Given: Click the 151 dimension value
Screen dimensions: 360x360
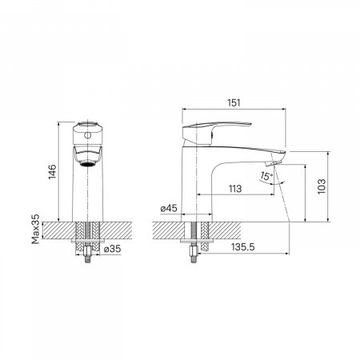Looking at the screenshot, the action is coord(234,103).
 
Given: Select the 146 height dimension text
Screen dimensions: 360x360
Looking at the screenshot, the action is coord(52,171).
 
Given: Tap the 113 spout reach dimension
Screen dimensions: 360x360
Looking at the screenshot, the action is coord(235,189).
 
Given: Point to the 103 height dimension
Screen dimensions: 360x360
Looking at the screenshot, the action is coord(322,186).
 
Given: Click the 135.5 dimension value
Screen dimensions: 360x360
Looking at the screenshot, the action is coord(242,247).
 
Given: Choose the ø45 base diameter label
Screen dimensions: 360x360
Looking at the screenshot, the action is coord(169,208).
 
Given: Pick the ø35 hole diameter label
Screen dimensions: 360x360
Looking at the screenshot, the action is coord(112,249).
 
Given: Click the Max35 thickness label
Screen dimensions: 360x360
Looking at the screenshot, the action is coord(35,229).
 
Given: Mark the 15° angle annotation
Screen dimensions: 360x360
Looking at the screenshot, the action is coord(266,176).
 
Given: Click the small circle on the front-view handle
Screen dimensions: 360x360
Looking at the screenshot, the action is coord(87,135).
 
